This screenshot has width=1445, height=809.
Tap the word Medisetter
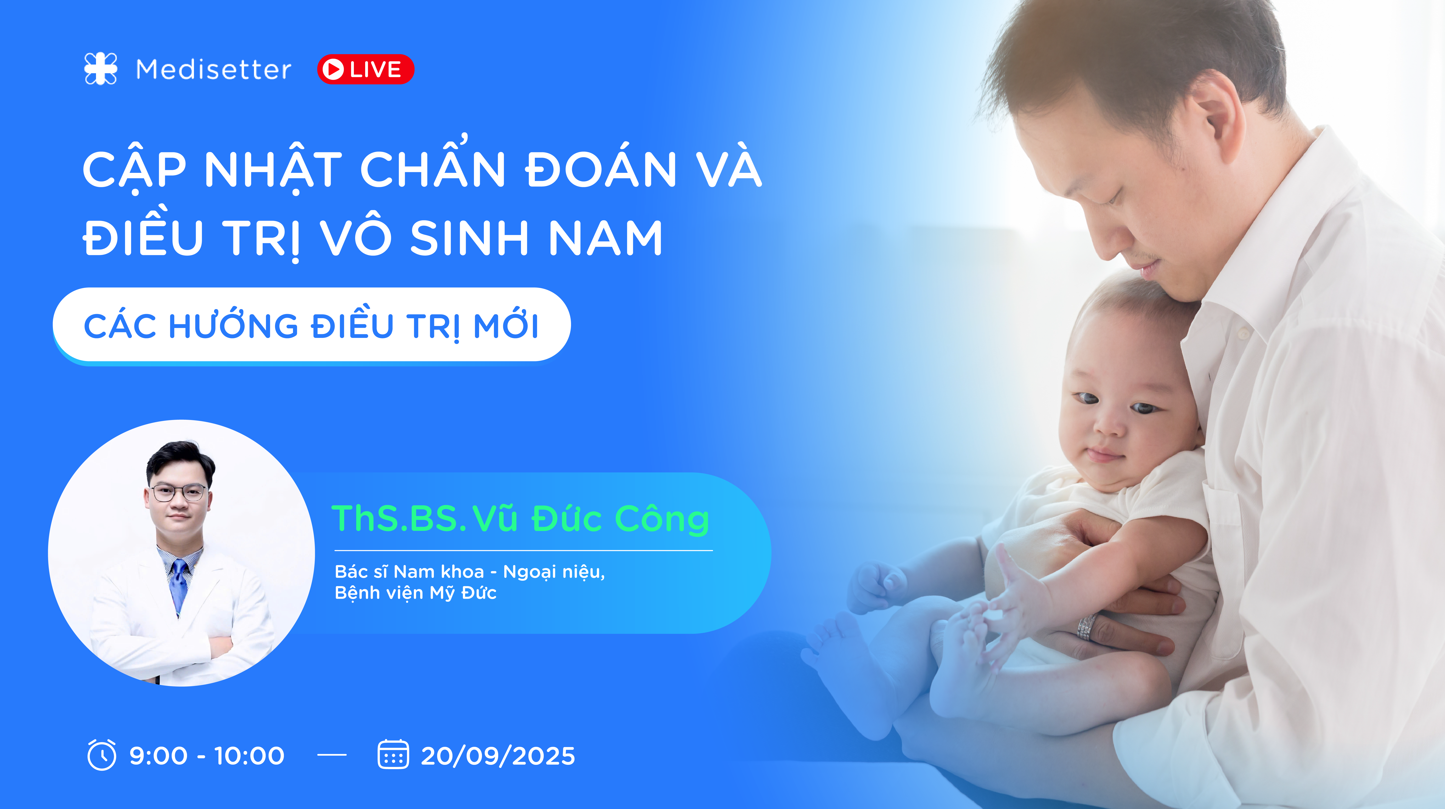coord(214,70)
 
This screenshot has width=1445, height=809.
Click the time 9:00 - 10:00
coord(207,756)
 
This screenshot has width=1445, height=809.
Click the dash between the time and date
coord(332,755)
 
